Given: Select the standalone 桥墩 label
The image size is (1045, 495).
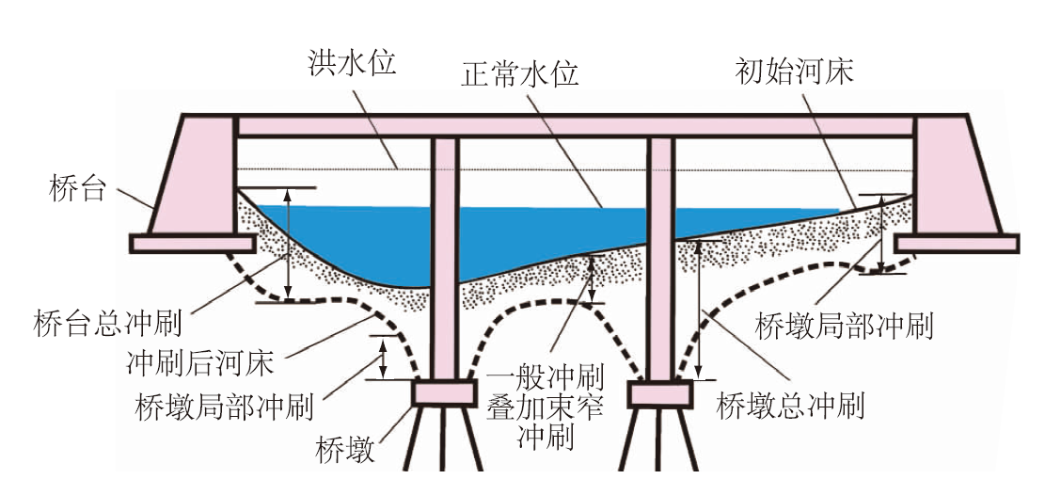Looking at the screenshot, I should [346, 450].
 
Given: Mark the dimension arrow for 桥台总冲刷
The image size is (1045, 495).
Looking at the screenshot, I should [289, 244].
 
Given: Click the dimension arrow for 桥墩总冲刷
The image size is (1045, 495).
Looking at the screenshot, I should [699, 310].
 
